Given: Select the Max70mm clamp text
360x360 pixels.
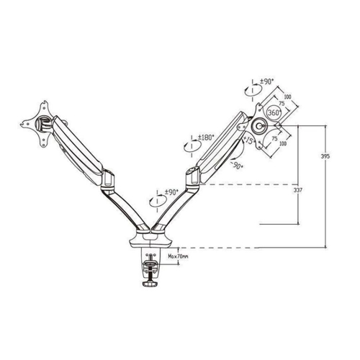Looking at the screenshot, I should [178, 256].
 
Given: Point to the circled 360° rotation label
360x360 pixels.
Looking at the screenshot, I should [274, 112].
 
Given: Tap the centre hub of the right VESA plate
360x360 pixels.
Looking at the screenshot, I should [258, 125].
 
